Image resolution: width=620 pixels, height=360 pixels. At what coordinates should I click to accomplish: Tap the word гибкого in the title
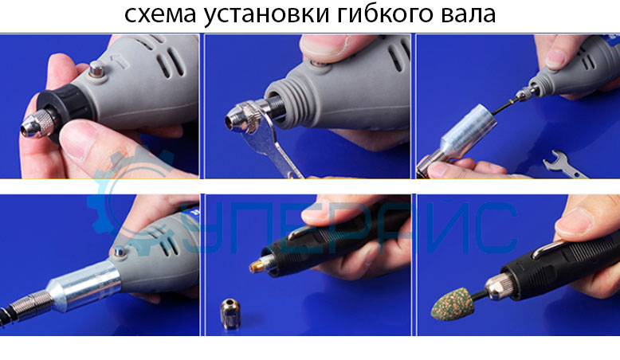coord(386,16)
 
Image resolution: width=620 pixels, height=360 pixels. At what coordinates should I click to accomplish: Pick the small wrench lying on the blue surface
coord(569,165)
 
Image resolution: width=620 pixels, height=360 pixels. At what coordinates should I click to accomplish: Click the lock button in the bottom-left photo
coord(120,253)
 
